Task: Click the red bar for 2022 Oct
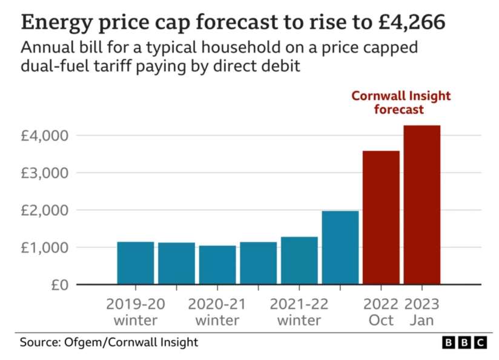(x=381, y=217)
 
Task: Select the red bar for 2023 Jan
(x=422, y=204)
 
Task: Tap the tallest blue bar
(x=340, y=247)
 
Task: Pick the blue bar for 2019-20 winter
(x=135, y=262)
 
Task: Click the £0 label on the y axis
(x=58, y=285)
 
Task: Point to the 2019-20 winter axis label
(x=135, y=312)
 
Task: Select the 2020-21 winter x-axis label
(x=217, y=312)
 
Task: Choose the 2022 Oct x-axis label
(x=381, y=312)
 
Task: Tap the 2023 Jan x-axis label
(x=421, y=312)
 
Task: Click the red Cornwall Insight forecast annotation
(x=401, y=103)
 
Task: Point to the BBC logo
(x=464, y=342)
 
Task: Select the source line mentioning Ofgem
(x=109, y=342)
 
